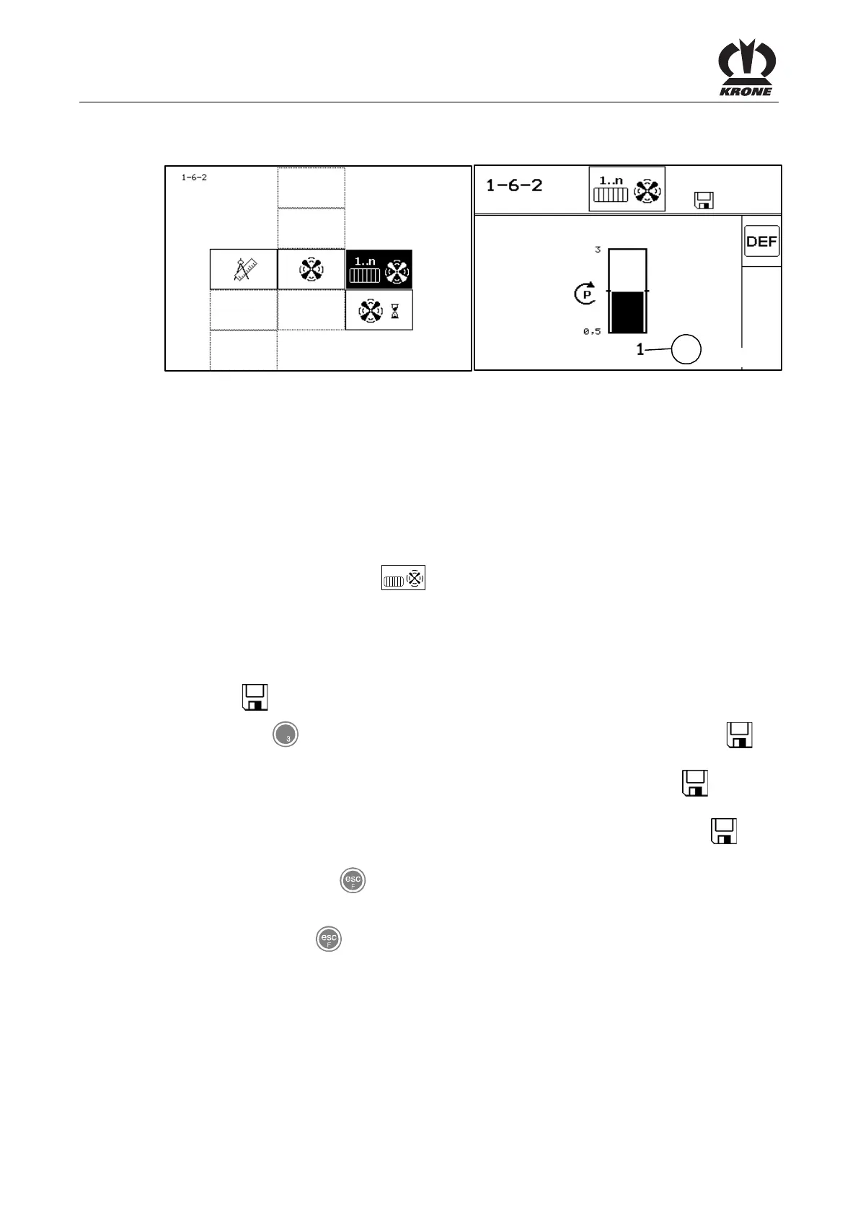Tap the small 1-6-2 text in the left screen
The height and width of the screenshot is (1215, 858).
tap(194, 177)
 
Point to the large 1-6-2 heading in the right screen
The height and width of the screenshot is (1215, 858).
tap(514, 185)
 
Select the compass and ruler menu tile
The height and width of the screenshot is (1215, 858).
tap(244, 269)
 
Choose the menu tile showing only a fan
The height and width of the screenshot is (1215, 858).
tap(311, 269)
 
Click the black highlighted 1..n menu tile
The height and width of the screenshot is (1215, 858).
tap(379, 269)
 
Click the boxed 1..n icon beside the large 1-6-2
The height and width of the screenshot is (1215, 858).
tap(627, 189)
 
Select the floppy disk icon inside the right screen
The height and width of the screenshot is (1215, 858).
tap(703, 201)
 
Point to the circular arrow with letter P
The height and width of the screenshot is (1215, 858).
tap(585, 294)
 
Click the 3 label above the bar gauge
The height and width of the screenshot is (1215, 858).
tap(598, 250)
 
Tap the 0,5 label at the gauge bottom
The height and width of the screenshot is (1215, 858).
tap(592, 332)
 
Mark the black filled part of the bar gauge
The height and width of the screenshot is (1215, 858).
tap(627, 312)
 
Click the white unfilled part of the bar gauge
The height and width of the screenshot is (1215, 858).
tap(627, 270)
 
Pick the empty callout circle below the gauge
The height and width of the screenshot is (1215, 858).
tap(686, 350)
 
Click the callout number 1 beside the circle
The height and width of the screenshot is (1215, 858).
tap(640, 350)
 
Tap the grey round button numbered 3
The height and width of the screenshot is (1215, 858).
tap(286, 735)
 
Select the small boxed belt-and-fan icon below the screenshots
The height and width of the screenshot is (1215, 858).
tap(403, 579)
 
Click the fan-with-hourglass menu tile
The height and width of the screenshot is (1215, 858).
tap(379, 310)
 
